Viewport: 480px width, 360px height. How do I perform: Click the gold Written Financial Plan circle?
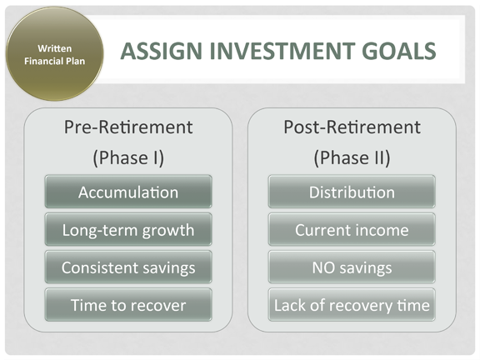(x=54, y=54)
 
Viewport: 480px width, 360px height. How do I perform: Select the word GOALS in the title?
(x=399, y=51)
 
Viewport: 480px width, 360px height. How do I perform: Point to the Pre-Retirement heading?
(x=128, y=127)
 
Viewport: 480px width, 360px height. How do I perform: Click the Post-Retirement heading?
(x=352, y=127)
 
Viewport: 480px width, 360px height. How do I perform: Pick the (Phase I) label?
(x=128, y=158)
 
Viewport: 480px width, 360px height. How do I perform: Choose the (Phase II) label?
(x=352, y=158)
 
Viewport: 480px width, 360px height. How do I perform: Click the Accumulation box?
(x=128, y=192)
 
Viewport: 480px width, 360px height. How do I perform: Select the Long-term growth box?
(x=128, y=230)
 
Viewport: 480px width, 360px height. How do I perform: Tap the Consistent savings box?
(x=128, y=267)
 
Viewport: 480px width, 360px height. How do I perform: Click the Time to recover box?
(x=128, y=305)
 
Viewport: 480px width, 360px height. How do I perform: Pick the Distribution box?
(x=352, y=192)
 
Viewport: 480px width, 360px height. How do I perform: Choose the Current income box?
(x=352, y=230)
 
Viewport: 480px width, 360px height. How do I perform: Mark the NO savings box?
(x=352, y=267)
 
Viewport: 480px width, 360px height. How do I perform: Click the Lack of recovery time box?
(x=352, y=305)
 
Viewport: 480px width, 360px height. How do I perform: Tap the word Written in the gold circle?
(x=55, y=48)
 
